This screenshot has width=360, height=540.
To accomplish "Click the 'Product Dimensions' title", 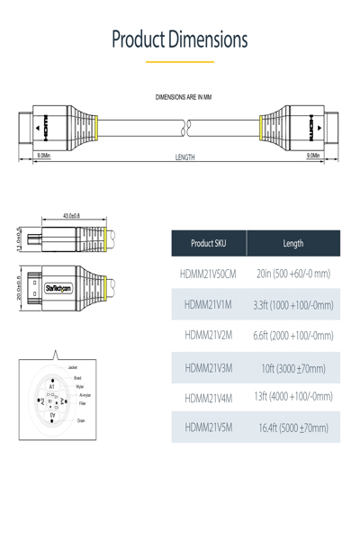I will [x=180, y=40].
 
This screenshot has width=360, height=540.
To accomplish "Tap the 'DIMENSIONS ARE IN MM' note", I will [x=184, y=96].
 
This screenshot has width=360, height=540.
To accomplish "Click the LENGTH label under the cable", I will [x=184, y=157].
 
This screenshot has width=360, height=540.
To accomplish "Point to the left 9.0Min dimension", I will [x=42, y=156].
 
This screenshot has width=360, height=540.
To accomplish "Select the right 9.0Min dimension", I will [x=314, y=156].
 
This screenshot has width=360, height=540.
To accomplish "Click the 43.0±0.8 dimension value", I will [x=71, y=216].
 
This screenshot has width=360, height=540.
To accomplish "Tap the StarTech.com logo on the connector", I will [x=60, y=287].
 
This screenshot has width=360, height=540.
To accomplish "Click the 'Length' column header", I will [x=293, y=243].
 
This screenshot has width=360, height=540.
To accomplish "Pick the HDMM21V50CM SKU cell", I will [x=207, y=274].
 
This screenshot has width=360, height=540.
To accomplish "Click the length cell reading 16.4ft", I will [x=293, y=428].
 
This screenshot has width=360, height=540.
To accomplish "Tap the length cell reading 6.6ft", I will [x=293, y=335].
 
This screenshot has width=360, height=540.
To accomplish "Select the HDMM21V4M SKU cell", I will [x=208, y=398].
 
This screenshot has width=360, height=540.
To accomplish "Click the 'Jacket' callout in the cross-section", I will [x=72, y=368].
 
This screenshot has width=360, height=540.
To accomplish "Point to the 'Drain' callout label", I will [x=81, y=420].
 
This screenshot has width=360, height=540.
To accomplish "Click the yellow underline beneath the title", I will [x=180, y=62].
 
